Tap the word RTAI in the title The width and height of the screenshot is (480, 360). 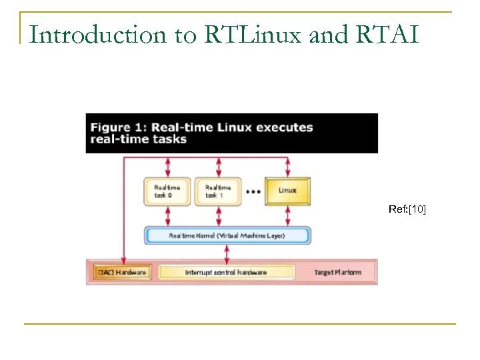tap(387, 35)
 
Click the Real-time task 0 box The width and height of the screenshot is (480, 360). tap(167, 191)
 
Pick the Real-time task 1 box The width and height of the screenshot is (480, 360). tap(218, 191)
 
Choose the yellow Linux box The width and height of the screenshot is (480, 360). tap(288, 191)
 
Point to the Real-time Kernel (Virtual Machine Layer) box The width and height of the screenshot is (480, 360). tap(227, 235)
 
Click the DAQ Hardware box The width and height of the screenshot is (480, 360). tap(123, 273)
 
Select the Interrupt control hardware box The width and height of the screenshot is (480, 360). tap(226, 273)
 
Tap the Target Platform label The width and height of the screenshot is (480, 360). tap(338, 273)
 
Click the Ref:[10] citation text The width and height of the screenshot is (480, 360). tap(407, 210)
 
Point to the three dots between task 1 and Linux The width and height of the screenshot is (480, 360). tap(253, 191)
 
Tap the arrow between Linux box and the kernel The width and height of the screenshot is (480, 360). tap(288, 215)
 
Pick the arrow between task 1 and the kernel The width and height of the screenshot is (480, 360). tap(218, 215)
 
